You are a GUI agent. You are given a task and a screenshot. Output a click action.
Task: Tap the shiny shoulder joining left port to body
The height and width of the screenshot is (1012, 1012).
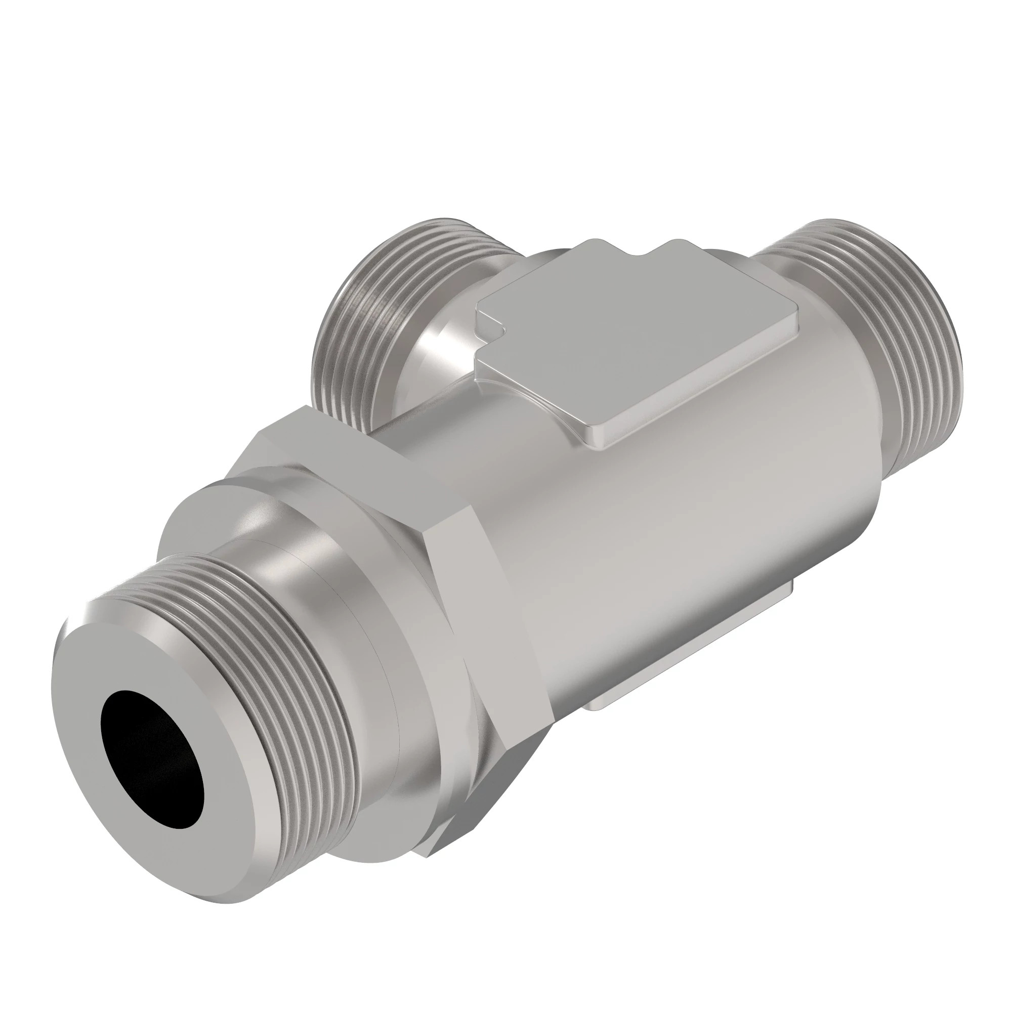435,346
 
